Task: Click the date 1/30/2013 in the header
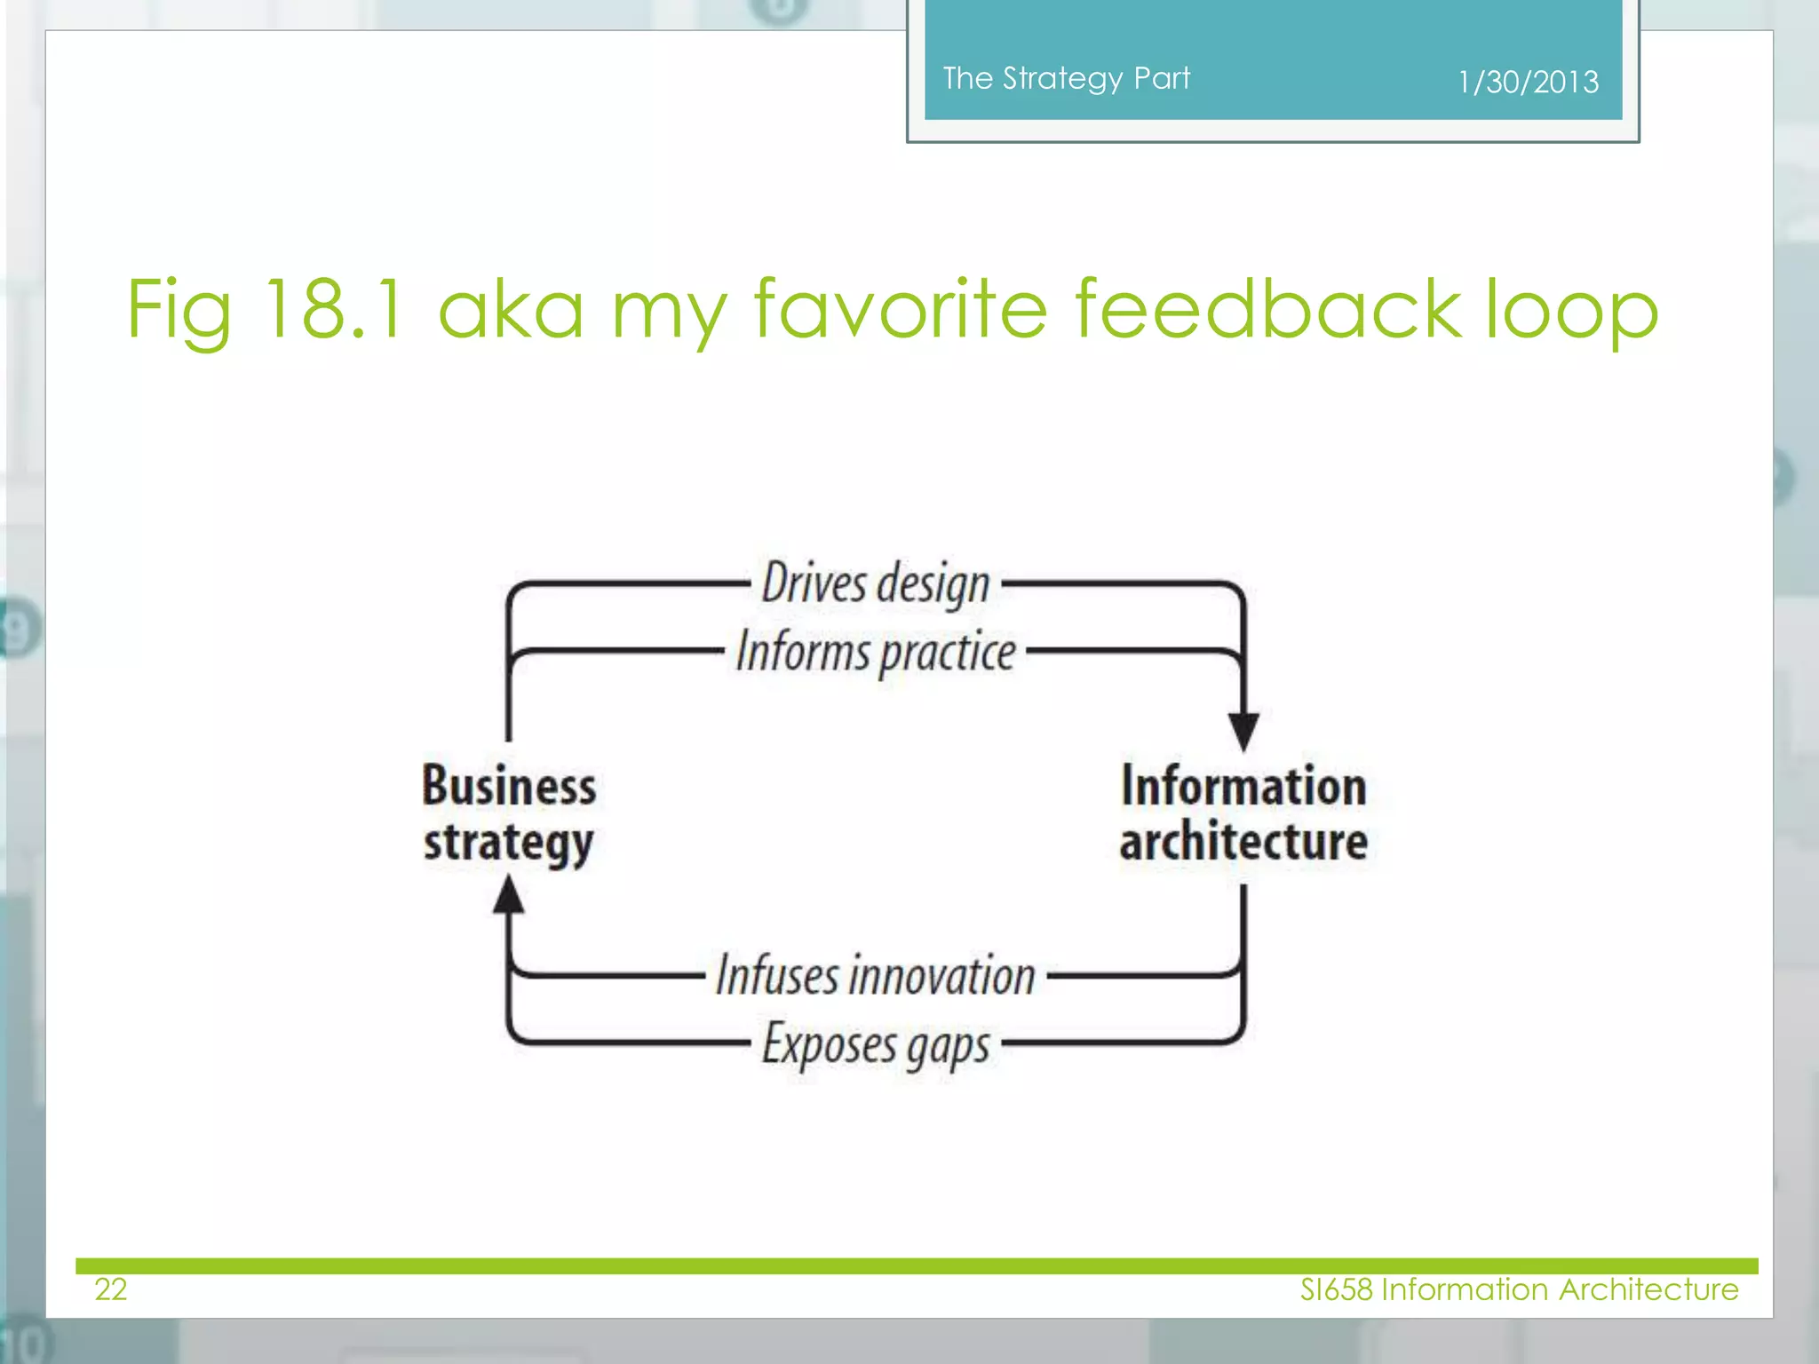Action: [1528, 82]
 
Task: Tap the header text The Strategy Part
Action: [1066, 78]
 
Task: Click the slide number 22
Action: [111, 1289]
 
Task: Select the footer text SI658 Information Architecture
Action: [1519, 1289]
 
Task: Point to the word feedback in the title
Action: [1267, 308]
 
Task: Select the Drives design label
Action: [876, 584]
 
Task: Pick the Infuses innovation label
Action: [876, 975]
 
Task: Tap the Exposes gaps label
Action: [876, 1045]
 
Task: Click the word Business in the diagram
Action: [509, 786]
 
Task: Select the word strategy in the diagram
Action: [509, 843]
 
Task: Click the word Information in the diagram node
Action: [1243, 786]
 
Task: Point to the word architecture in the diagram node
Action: [1243, 842]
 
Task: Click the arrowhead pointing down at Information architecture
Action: [1243, 731]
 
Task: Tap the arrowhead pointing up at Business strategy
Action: [509, 895]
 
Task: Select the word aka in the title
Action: [511, 308]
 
